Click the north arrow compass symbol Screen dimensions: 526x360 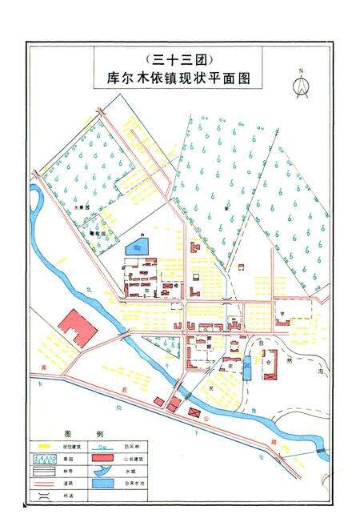pyautogui.click(x=302, y=84)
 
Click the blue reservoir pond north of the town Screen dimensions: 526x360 pyautogui.click(x=138, y=247)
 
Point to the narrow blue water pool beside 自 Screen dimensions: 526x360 pyautogui.click(x=247, y=368)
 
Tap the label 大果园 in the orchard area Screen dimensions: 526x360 pyautogui.click(x=81, y=207)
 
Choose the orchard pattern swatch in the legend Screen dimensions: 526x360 pyautogui.click(x=39, y=458)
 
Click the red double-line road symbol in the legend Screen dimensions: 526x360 pyautogui.click(x=39, y=484)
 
